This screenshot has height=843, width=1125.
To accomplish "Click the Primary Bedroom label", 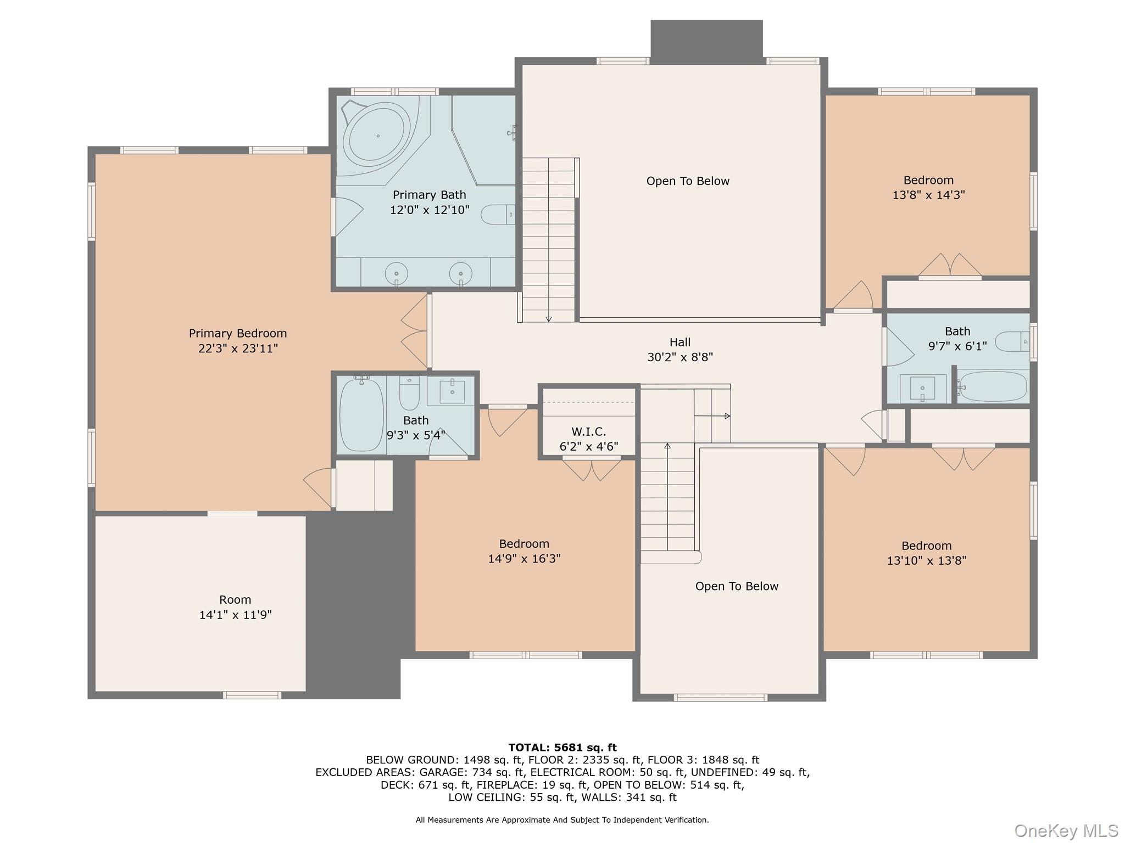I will tap(237, 334).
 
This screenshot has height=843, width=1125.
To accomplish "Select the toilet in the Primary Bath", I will tap(497, 215).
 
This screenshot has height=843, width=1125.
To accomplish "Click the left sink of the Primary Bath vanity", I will tap(396, 273).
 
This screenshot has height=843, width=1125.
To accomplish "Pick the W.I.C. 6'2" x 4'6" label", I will tap(588, 439).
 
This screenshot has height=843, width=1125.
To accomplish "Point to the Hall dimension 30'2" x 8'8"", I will tap(680, 357).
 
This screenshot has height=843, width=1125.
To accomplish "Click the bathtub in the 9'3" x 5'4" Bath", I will tap(361, 414).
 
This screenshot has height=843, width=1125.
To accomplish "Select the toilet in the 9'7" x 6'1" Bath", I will tap(1011, 341).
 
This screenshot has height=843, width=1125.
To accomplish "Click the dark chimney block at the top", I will tap(706, 38).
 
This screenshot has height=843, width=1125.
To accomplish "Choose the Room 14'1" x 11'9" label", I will tap(235, 607).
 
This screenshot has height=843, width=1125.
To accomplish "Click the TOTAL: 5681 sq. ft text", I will tap(562, 748).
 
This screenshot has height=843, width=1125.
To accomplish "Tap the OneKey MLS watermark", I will tap(1066, 831).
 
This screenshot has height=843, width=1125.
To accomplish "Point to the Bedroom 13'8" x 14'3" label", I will tap(928, 187).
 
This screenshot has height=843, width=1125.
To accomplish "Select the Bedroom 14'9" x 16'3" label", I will tap(523, 551).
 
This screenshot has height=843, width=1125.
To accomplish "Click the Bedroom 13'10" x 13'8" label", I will tap(926, 553).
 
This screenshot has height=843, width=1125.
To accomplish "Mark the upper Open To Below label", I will tap(687, 181).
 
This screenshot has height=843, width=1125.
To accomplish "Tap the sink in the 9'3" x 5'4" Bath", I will tap(452, 391).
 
